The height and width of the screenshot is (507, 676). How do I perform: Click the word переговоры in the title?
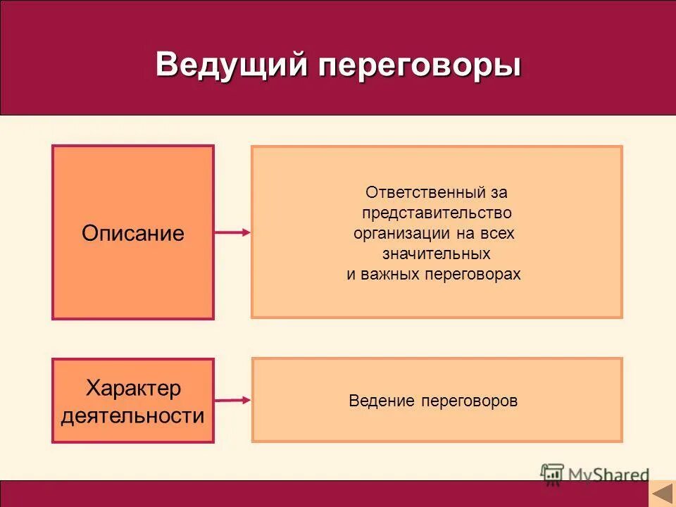[420, 66]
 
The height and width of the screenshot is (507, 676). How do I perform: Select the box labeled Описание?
[132, 232]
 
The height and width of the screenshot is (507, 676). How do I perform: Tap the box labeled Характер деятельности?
[132, 401]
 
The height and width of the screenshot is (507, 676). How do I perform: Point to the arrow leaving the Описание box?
[232, 232]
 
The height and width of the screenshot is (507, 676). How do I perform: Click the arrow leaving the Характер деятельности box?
[232, 400]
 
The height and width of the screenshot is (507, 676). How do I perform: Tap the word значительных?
[437, 254]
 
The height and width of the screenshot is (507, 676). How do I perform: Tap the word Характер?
[133, 387]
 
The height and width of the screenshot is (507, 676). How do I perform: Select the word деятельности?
[133, 415]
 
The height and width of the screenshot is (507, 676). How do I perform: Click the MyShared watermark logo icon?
[552, 475]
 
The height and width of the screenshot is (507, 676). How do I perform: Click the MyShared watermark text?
[608, 475]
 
